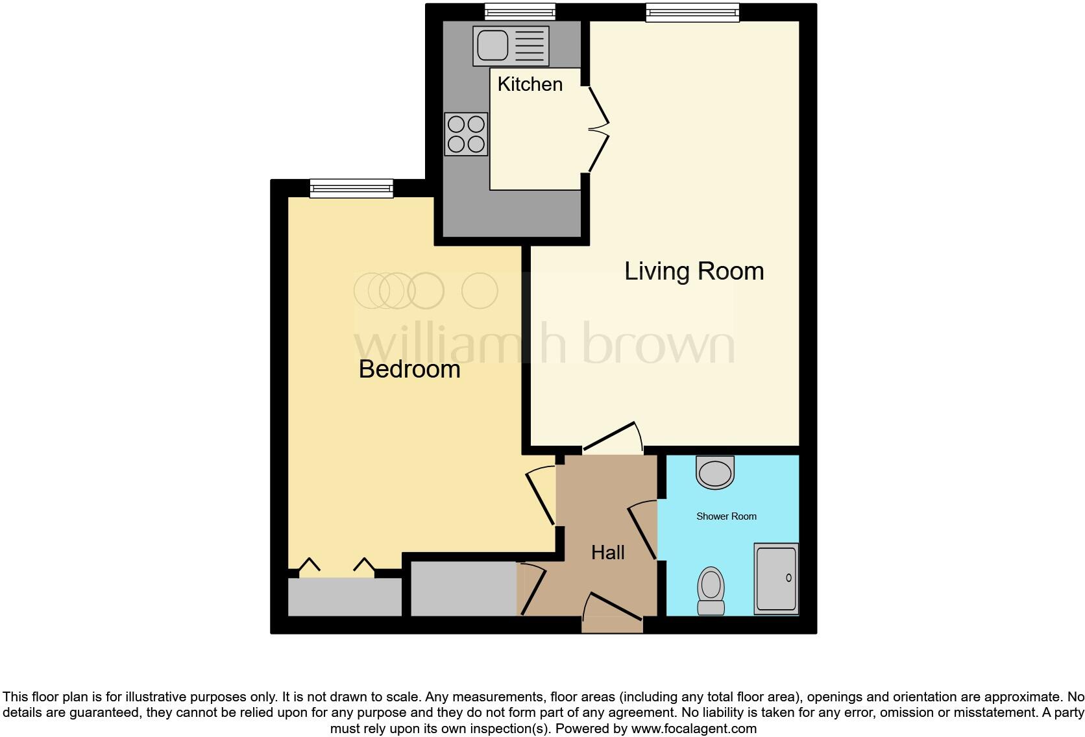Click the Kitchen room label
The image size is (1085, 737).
click(x=530, y=84)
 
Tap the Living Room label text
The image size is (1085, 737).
click(x=694, y=271)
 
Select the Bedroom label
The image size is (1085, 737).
click(x=409, y=369)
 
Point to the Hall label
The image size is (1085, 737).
click(x=607, y=553)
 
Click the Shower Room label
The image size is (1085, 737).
click(x=726, y=516)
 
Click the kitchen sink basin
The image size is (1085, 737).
click(x=493, y=45)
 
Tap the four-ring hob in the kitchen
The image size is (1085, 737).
click(x=466, y=134)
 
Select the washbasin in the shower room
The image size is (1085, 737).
click(x=715, y=472)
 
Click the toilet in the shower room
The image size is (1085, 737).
click(x=711, y=590)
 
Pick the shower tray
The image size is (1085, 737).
click(x=775, y=579)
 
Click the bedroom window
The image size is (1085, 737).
click(x=351, y=188)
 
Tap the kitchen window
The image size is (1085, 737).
click(x=520, y=12)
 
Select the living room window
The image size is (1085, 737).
click(x=692, y=12)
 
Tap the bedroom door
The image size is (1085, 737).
click(x=541, y=496)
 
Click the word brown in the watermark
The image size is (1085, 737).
click(x=659, y=342)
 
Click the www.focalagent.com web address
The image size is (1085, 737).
click(x=694, y=729)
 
